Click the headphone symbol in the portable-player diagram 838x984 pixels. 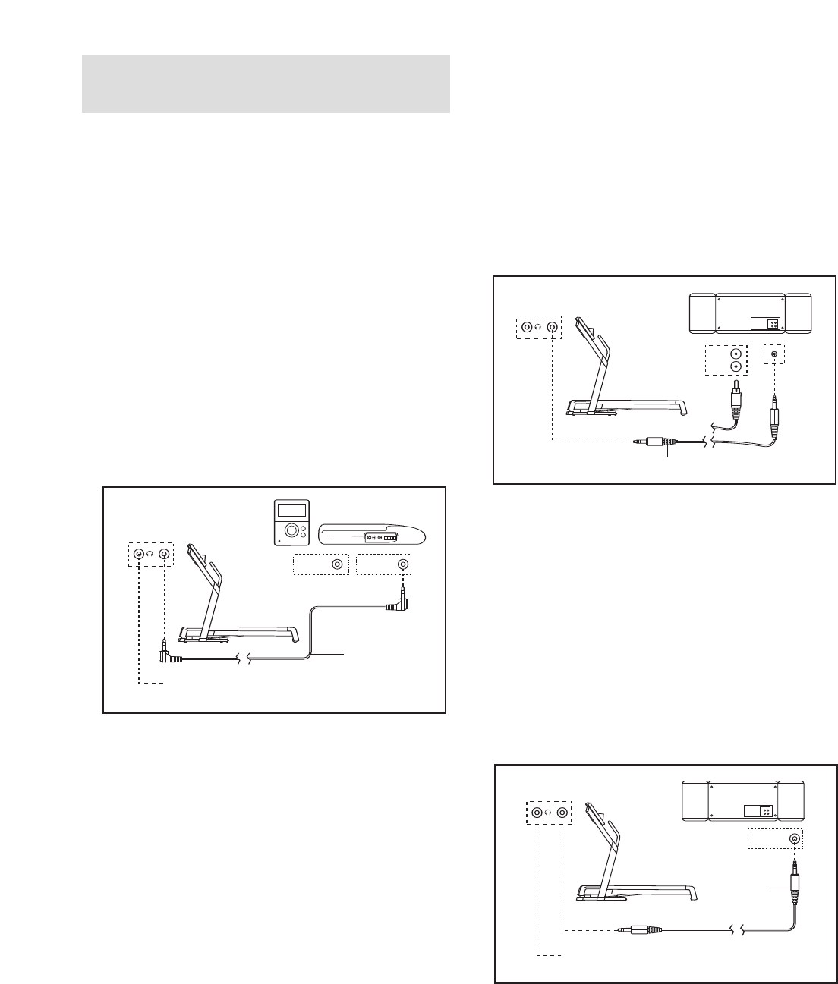point(151,555)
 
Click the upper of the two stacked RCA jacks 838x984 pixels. point(734,353)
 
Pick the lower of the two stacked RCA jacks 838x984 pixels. point(734,367)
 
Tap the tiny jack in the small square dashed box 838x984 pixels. point(774,354)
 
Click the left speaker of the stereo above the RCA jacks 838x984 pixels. point(703,313)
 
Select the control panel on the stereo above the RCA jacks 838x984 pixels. point(765,323)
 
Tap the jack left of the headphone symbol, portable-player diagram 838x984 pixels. point(139,555)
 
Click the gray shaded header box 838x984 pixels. point(266,83)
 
